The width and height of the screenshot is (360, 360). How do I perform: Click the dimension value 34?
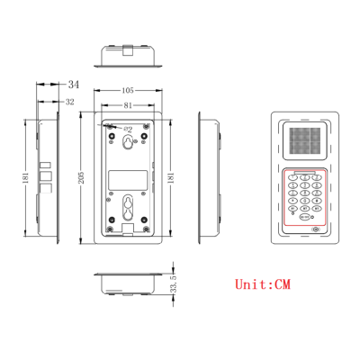73,84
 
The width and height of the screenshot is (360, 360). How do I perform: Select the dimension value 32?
70,102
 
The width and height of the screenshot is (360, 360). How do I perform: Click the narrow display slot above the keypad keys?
305,174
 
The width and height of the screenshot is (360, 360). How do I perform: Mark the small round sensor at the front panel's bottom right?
316,230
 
